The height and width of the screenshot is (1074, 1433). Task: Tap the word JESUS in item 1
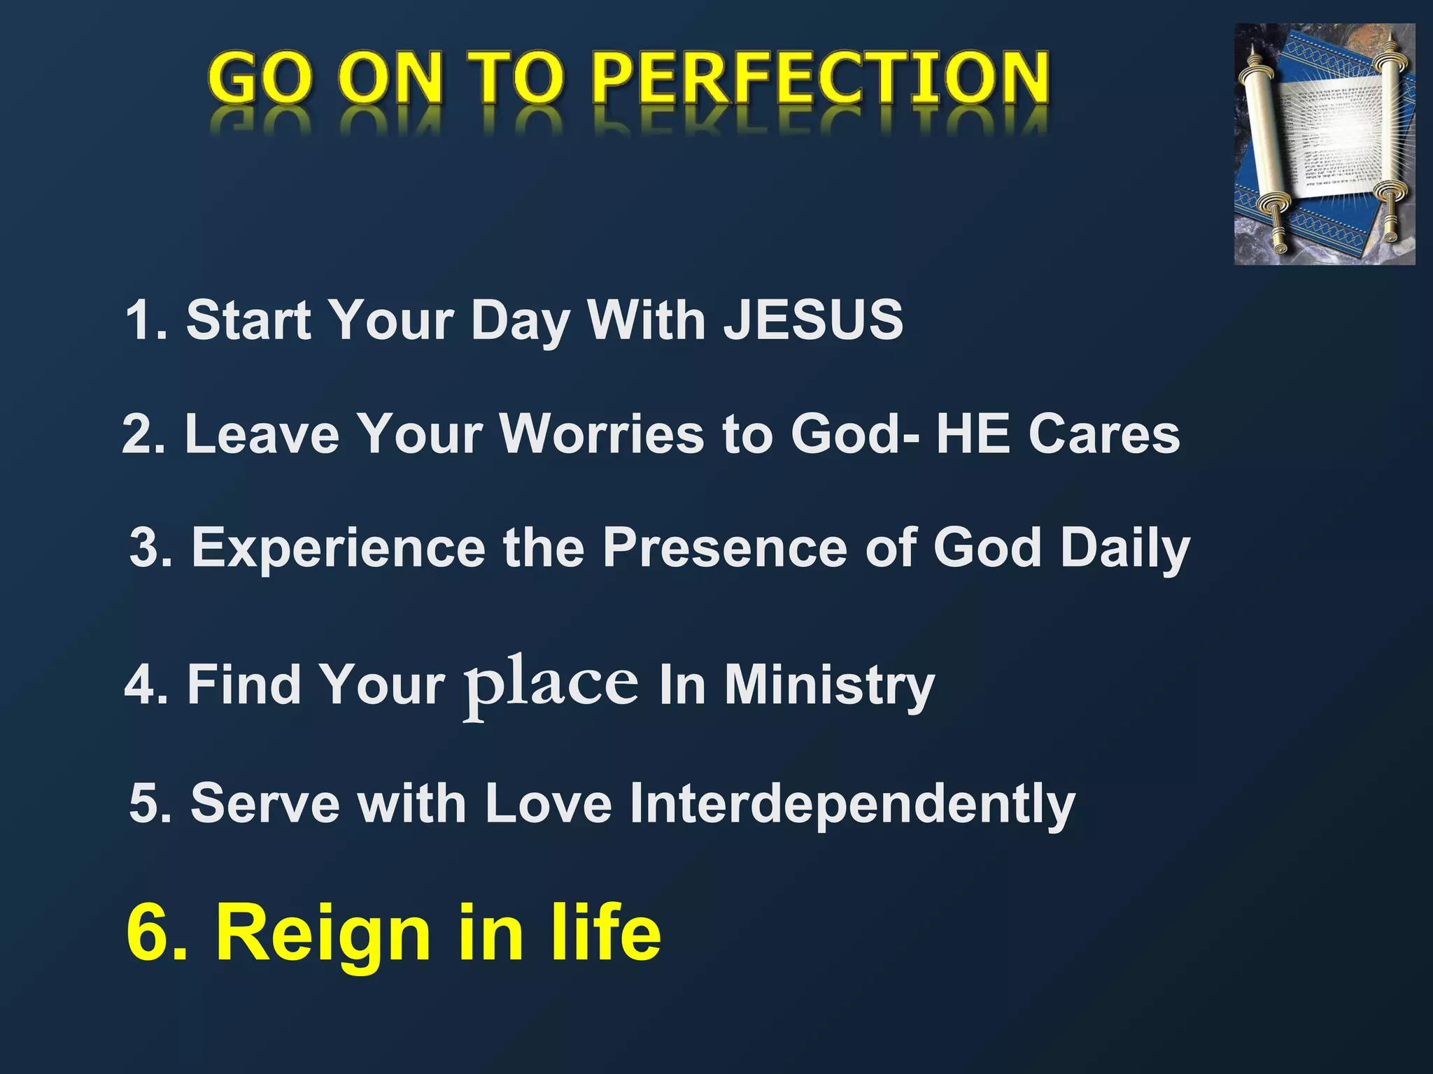pos(813,320)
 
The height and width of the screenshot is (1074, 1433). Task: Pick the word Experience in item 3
pos(339,548)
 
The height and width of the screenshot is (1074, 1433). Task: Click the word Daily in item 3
pos(1124,548)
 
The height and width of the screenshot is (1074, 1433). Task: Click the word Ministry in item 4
pos(829,685)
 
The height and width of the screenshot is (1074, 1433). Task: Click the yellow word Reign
pos(323,934)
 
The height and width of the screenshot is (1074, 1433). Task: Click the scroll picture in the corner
pos(1324,144)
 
